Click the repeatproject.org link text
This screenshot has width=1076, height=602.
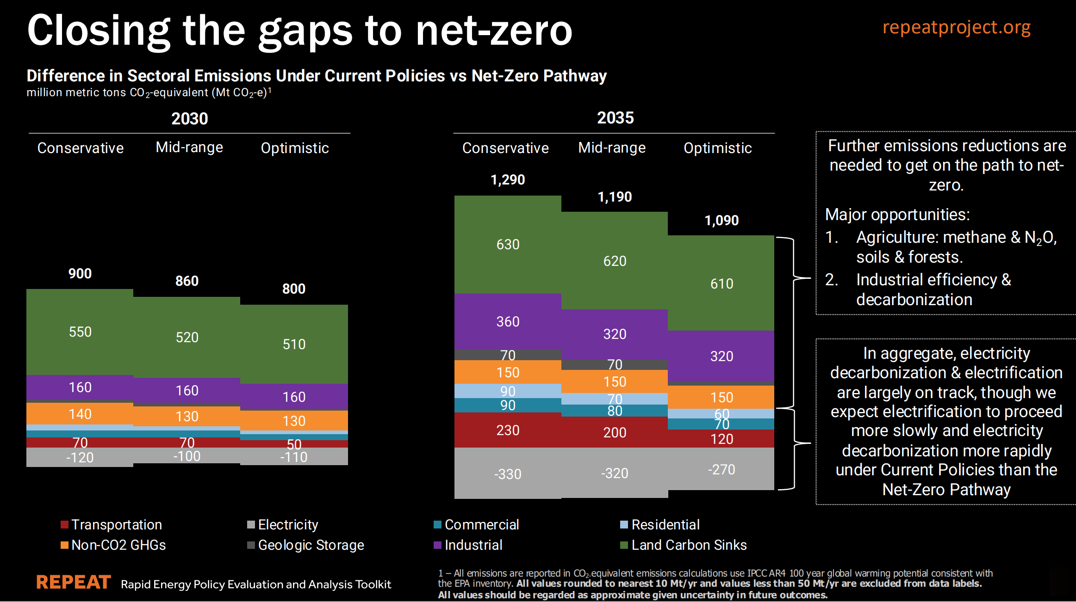pyautogui.click(x=956, y=27)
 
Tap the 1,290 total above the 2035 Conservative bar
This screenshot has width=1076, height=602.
pyautogui.click(x=508, y=180)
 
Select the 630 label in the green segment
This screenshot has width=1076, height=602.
pyautogui.click(x=508, y=245)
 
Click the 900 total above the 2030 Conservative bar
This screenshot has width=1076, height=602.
pyautogui.click(x=80, y=274)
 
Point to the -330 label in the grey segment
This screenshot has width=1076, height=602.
pyautogui.click(x=508, y=474)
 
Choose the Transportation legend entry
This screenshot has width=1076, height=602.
pyautogui.click(x=116, y=525)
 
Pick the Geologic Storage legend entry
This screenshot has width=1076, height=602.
pyautogui.click(x=311, y=545)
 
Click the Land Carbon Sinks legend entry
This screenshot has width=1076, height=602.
pyautogui.click(x=689, y=545)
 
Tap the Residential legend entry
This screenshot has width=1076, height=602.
pyautogui.click(x=665, y=525)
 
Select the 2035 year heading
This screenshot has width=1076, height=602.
pyautogui.click(x=615, y=118)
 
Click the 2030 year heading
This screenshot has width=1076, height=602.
pyautogui.click(x=190, y=119)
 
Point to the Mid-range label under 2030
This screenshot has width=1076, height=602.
pyautogui.click(x=189, y=147)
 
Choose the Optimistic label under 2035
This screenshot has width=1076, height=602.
pyautogui.click(x=717, y=148)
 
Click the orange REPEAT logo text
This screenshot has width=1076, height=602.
pyautogui.click(x=74, y=582)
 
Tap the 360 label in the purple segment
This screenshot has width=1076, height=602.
pyautogui.click(x=508, y=322)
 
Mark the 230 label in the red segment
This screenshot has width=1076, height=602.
pyautogui.click(x=508, y=430)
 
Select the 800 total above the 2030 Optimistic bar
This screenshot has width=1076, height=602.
pyautogui.click(x=294, y=289)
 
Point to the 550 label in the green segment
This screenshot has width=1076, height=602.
pyautogui.click(x=80, y=332)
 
